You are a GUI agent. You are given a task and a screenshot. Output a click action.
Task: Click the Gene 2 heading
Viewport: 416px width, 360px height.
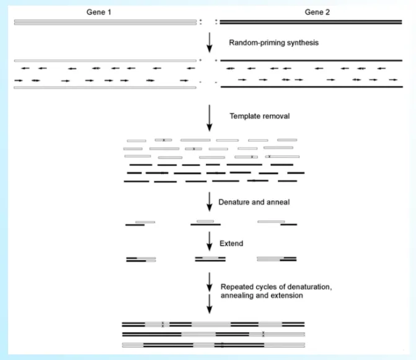pyautogui.click(x=317, y=12)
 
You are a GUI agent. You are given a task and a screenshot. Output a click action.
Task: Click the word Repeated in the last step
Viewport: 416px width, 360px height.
pyautogui.click(x=236, y=286)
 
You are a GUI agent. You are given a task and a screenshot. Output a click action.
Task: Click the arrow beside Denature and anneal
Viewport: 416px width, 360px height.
pyautogui.click(x=210, y=203)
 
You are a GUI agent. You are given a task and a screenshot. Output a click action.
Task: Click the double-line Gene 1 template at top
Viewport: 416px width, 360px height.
pyautogui.click(x=105, y=23)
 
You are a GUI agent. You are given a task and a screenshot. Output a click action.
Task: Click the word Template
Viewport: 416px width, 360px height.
pyautogui.click(x=242, y=116)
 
